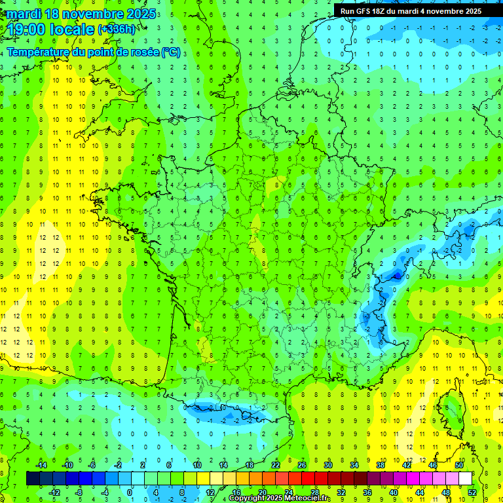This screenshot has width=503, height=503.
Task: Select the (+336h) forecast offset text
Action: click(117, 29)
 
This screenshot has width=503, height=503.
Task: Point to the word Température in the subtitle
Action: click(39, 52)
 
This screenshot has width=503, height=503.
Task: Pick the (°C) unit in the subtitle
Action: click(170, 52)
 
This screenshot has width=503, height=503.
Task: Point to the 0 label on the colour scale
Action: click(130, 493)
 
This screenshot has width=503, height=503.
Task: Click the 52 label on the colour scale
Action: click(472, 493)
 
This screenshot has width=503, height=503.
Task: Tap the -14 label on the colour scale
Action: click(40, 465)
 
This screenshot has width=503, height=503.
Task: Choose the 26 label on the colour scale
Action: click(302, 465)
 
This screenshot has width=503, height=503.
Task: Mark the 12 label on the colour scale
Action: click(210, 493)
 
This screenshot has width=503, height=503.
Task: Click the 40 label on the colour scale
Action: click(394, 493)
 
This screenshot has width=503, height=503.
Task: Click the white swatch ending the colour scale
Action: click(465, 479)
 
